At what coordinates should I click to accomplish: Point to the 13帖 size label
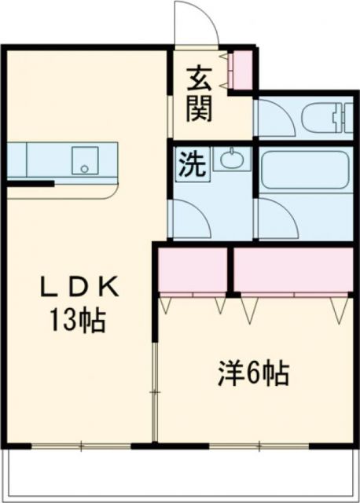tap(79, 320)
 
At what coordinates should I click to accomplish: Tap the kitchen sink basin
tap(83, 160)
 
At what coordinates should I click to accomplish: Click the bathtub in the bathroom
tap(303, 169)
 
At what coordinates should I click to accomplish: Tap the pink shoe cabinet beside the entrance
tap(241, 69)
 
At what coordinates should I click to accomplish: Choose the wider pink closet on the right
tap(293, 270)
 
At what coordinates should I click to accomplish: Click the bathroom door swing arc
tap(275, 216)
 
